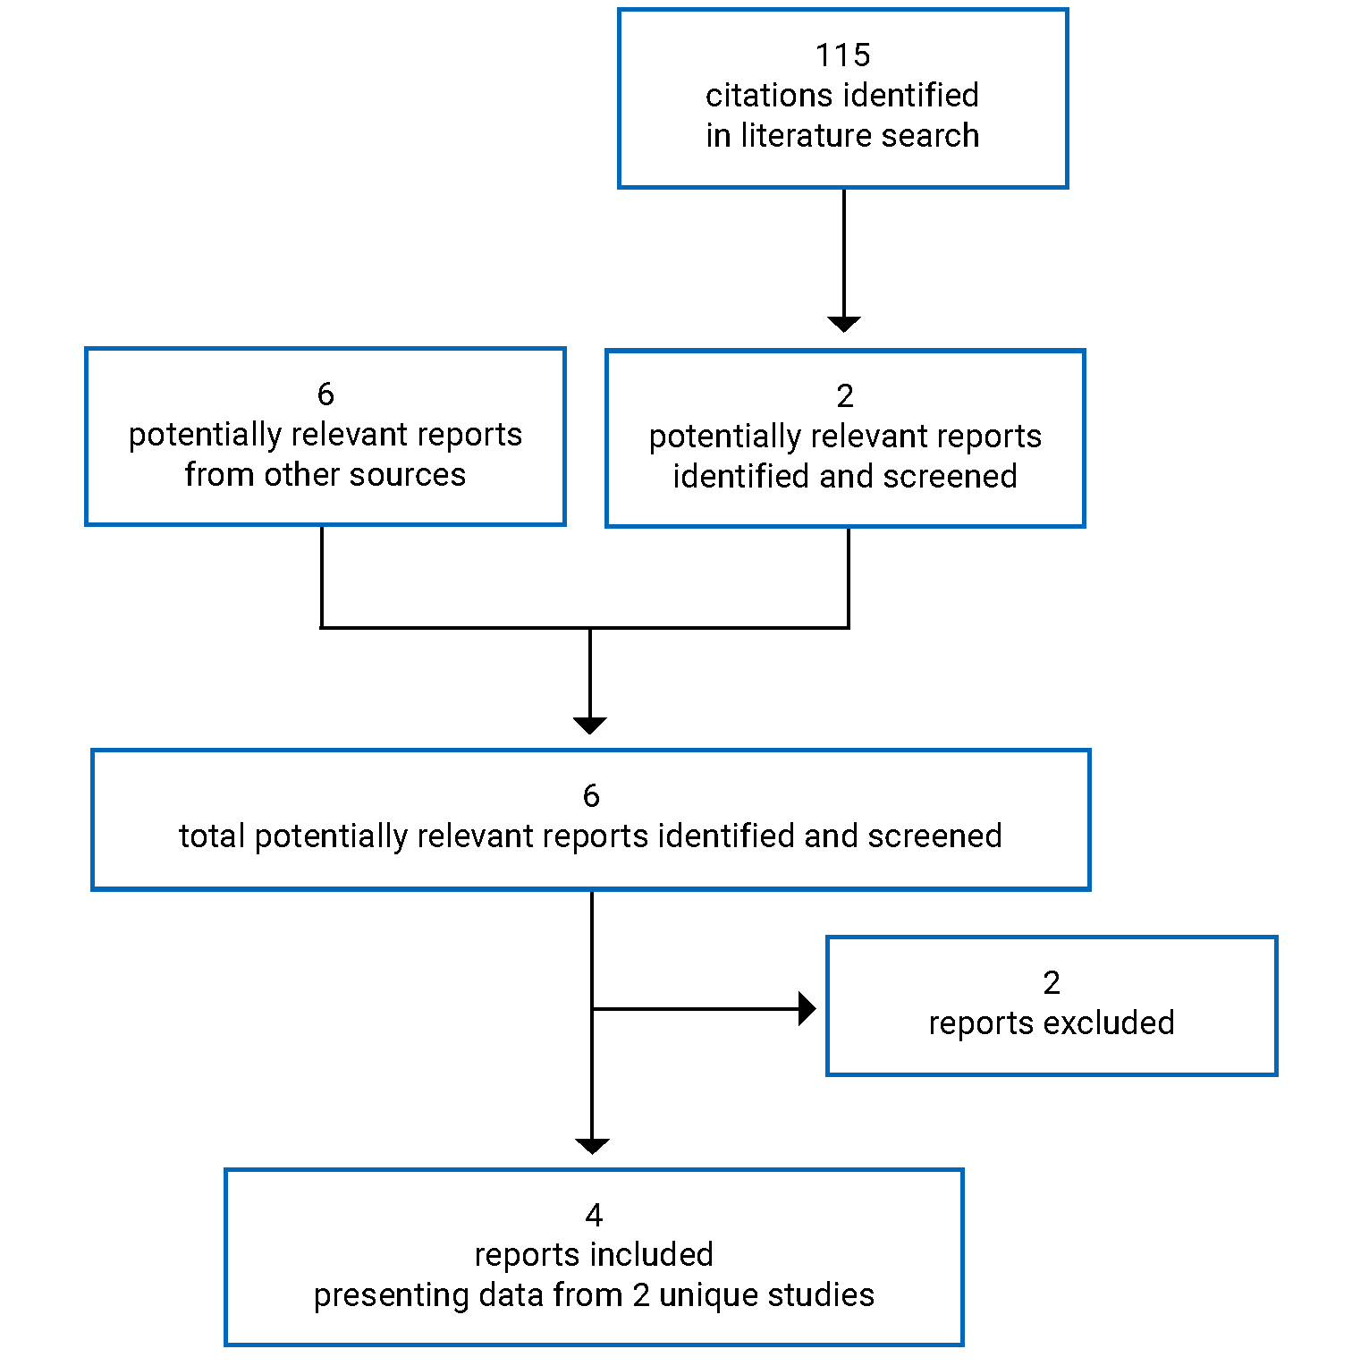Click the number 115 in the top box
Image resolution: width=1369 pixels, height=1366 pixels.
pyautogui.click(x=842, y=55)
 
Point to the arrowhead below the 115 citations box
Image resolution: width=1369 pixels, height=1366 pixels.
pyautogui.click(x=843, y=324)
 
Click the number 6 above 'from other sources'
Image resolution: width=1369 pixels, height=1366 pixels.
pyautogui.click(x=325, y=394)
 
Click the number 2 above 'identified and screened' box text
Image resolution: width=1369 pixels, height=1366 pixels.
pyautogui.click(x=845, y=395)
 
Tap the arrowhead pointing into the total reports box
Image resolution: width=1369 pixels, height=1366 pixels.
pyautogui.click(x=590, y=725)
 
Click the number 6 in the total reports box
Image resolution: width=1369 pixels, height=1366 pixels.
pyautogui.click(x=591, y=795)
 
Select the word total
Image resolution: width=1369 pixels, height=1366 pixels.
pyautogui.click(x=212, y=836)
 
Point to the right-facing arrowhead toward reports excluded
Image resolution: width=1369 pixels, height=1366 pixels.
pyautogui.click(x=807, y=1009)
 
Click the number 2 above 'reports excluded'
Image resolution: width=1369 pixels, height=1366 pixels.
pyautogui.click(x=1052, y=983)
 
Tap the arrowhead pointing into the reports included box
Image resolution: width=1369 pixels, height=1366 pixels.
pyautogui.click(x=592, y=1146)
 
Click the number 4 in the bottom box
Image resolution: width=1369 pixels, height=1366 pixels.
pyautogui.click(x=594, y=1215)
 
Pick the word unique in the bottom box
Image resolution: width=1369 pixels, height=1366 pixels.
pyautogui.click(x=712, y=1294)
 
